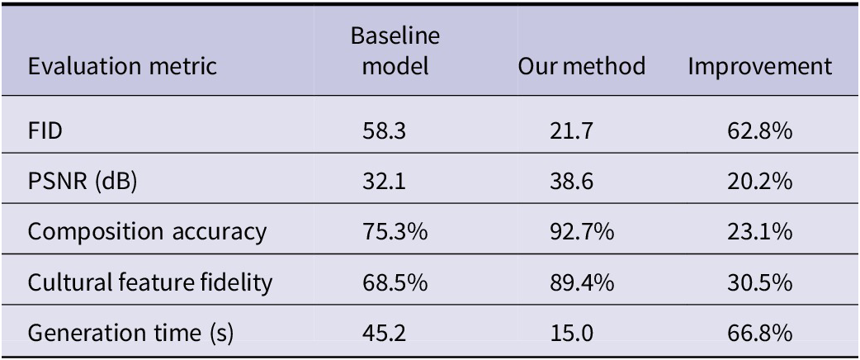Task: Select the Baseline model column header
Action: pos(395,51)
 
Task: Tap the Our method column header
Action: pos(581,66)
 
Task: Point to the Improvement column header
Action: pos(759,67)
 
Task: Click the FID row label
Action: pos(46,132)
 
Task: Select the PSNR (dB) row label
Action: pos(83,182)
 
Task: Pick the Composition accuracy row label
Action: pos(147,232)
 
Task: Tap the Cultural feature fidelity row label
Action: pos(149,282)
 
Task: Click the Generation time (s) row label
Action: pos(130,333)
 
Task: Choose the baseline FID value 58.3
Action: pos(384,132)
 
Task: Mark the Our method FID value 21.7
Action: pos(570,132)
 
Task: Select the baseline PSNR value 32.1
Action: pos(384,182)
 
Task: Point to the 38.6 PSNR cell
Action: pos(571,182)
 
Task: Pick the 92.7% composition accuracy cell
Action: pos(581,232)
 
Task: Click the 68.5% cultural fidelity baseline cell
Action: pos(395,282)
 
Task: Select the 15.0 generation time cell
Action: pos(571,333)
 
